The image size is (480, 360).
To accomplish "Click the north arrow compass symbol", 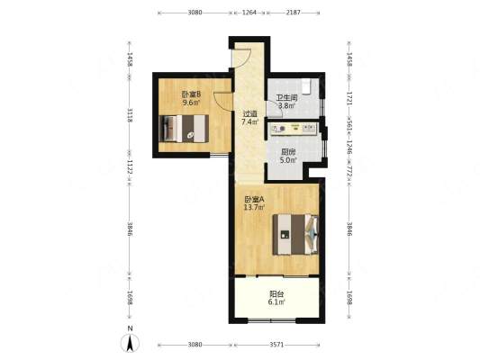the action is pos(130,340).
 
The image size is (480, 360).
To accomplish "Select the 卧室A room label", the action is pos(254,200).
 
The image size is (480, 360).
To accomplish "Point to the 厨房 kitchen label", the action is pos(288,152).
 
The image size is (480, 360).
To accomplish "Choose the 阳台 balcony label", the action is pos(276,294).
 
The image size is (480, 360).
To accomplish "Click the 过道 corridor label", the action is pos(249,114).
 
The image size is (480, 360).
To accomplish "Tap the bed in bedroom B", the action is pos(184,129).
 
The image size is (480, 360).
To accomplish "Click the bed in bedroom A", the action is pos(295,234).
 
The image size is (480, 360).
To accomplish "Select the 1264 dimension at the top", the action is pos(249,13).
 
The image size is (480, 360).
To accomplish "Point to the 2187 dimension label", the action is pos(293,13).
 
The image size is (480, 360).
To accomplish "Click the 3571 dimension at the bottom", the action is pos(276,345).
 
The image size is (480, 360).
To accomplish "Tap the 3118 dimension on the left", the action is pos(130,115).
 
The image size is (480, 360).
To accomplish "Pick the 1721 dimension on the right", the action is pos(349,98).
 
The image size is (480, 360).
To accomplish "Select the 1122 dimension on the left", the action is pos(130,167).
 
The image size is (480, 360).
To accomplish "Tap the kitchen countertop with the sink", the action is pos(293,129).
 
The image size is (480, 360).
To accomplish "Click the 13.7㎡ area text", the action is pos(254,208).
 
